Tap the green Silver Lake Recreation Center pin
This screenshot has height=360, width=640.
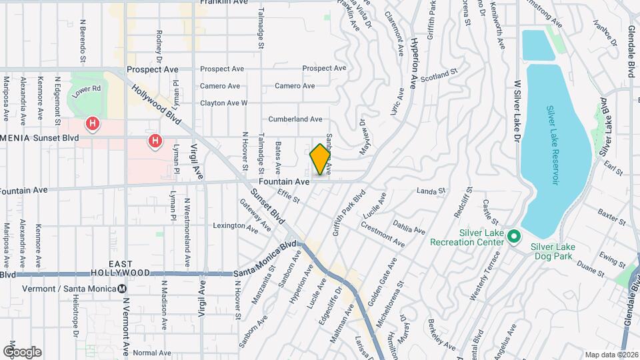513,237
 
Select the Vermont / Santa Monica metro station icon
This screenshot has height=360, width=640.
122,289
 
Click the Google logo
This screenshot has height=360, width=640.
22,352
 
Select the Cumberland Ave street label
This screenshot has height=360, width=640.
295,119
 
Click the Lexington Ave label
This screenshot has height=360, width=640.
235,226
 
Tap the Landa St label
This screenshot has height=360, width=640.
431,192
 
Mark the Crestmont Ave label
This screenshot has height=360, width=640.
383,234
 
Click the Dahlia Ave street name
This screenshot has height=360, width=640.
409,227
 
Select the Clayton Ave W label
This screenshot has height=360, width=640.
224,103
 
